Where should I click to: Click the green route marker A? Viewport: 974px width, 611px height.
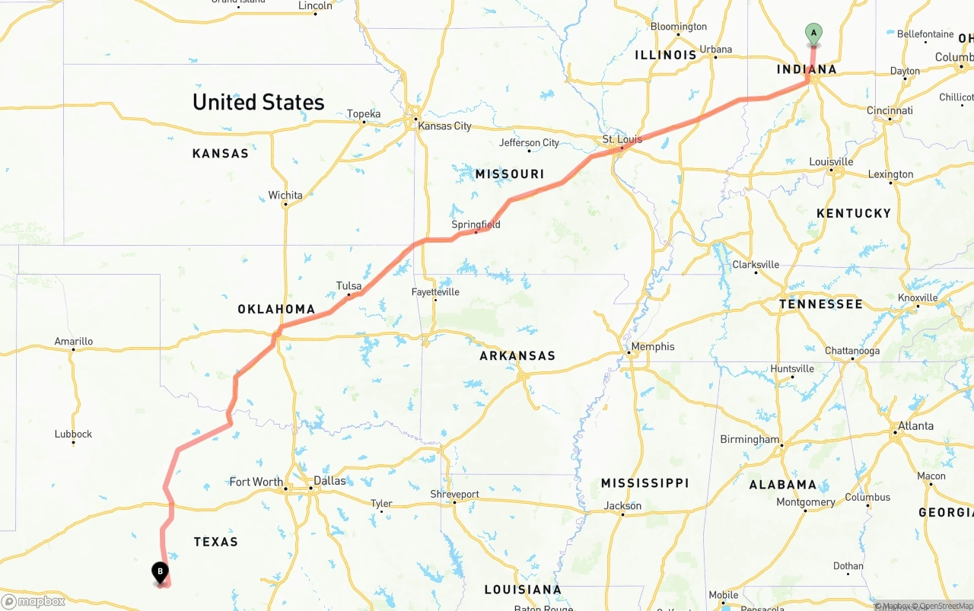pyautogui.click(x=813, y=33)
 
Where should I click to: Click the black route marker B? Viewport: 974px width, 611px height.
pyautogui.click(x=160, y=571)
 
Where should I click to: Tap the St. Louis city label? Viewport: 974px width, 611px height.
pyautogui.click(x=622, y=139)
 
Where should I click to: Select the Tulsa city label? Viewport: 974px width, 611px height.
pyautogui.click(x=349, y=286)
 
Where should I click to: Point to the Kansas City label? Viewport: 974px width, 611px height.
pyautogui.click(x=444, y=126)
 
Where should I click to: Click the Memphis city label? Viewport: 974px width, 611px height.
pyautogui.click(x=652, y=346)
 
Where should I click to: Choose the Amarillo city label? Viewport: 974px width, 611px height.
pyautogui.click(x=73, y=342)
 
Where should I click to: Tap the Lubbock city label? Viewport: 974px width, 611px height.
pyautogui.click(x=73, y=434)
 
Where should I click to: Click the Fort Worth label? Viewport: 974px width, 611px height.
pyautogui.click(x=256, y=482)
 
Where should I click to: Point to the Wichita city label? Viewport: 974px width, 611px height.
pyautogui.click(x=285, y=196)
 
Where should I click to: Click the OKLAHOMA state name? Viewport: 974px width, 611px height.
pyautogui.click(x=276, y=309)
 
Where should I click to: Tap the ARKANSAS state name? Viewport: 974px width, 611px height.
pyautogui.click(x=517, y=355)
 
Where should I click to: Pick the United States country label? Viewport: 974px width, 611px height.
pyautogui.click(x=258, y=102)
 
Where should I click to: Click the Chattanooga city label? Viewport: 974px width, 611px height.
pyautogui.click(x=852, y=351)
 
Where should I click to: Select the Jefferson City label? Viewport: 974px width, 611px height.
pyautogui.click(x=529, y=143)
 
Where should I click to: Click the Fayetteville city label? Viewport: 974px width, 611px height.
pyautogui.click(x=435, y=291)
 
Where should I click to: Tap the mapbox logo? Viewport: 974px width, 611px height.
pyautogui.click(x=33, y=602)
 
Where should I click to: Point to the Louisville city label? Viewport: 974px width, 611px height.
pyautogui.click(x=831, y=162)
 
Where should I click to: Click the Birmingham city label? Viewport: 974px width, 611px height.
pyautogui.click(x=750, y=439)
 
